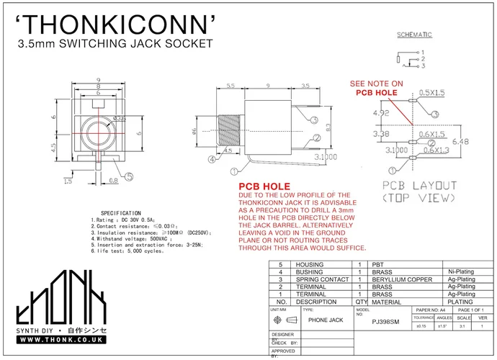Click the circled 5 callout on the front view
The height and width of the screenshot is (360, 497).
129,176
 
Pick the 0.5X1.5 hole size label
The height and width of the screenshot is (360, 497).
432,92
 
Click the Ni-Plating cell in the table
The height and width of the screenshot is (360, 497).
460,271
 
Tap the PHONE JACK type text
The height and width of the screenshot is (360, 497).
325,320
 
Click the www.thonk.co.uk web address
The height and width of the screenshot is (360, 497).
60,338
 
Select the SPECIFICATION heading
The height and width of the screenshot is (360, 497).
120,214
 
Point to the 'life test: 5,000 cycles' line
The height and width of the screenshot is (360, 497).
127,251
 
